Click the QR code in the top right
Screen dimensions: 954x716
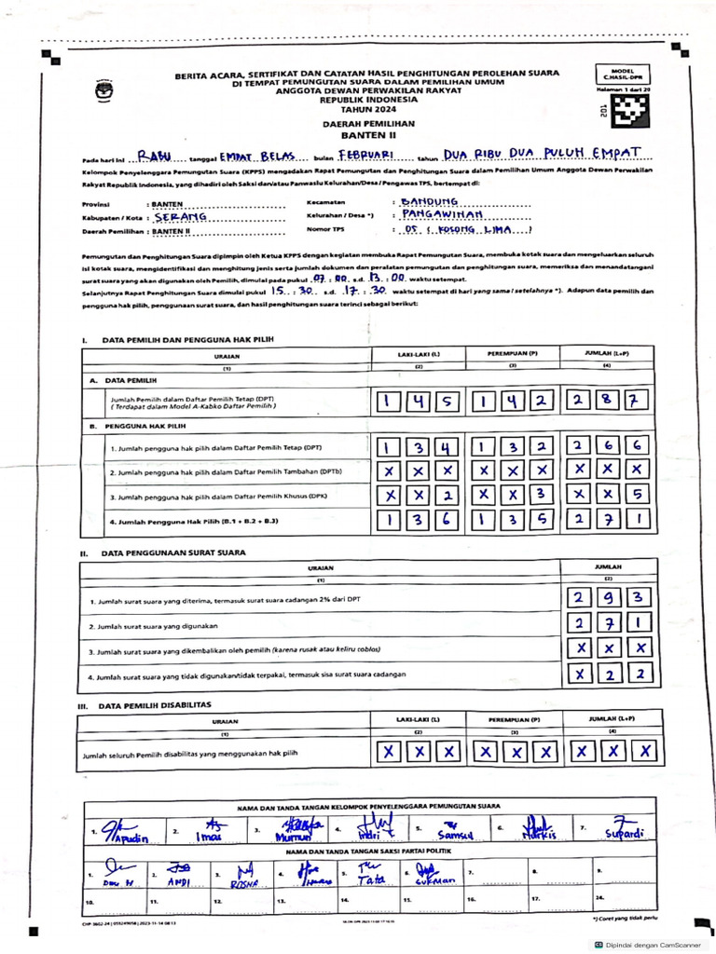coord(634,110)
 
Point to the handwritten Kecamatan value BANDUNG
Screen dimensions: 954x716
coord(429,200)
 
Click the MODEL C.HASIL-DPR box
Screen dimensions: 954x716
coord(622,74)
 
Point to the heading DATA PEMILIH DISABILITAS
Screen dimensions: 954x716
coord(156,705)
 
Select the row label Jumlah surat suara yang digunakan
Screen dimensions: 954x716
coord(155,626)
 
